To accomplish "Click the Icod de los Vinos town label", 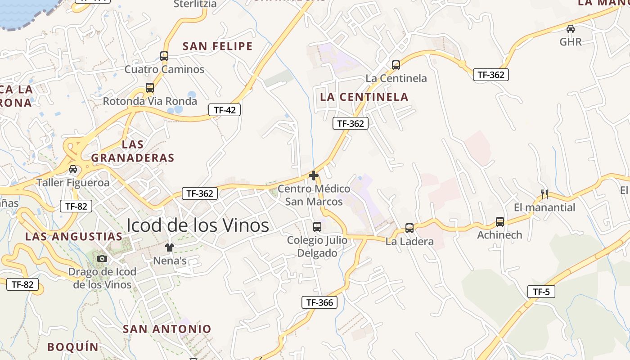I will pyautogui.click(x=198, y=225).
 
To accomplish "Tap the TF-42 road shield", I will pyautogui.click(x=224, y=110).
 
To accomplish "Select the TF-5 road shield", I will pyautogui.click(x=541, y=292).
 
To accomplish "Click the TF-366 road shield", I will pyautogui.click(x=319, y=302).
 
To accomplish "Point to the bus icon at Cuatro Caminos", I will pyautogui.click(x=164, y=56).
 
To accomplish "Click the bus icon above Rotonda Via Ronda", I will pyautogui.click(x=150, y=88).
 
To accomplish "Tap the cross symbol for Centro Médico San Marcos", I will pyautogui.click(x=314, y=175).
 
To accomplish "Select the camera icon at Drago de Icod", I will pyautogui.click(x=102, y=258).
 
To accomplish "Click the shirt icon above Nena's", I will pyautogui.click(x=170, y=247).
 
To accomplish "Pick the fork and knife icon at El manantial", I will pyautogui.click(x=544, y=194).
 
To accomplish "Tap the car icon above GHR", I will pyautogui.click(x=571, y=29).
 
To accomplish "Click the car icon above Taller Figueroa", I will pyautogui.click(x=73, y=169).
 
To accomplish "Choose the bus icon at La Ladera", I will pyautogui.click(x=409, y=228).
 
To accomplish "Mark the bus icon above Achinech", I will pyautogui.click(x=500, y=221).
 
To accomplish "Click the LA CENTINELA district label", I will pyautogui.click(x=364, y=97).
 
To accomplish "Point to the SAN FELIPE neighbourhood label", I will pyautogui.click(x=218, y=46).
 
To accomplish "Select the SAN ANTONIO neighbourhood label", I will pyautogui.click(x=167, y=329).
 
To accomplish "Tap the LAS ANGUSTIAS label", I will pyautogui.click(x=73, y=236).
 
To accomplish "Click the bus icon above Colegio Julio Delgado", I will pyautogui.click(x=317, y=226).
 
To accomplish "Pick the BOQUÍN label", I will pyautogui.click(x=73, y=346).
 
